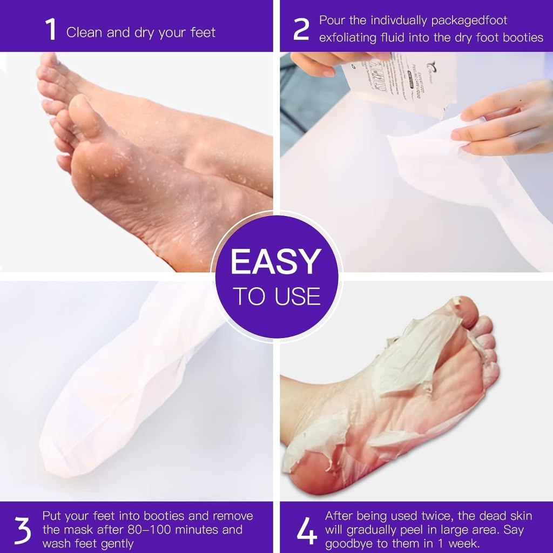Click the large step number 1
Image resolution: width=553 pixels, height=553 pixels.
(x=51, y=30)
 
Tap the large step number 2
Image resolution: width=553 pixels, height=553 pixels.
(x=301, y=30)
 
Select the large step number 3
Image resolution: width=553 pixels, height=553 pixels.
(x=22, y=531)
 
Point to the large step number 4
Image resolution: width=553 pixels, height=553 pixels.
(x=306, y=531)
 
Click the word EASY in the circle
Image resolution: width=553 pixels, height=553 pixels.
(x=276, y=262)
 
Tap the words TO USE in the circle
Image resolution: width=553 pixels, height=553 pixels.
(x=276, y=296)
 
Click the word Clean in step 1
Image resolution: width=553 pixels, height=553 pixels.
(x=84, y=32)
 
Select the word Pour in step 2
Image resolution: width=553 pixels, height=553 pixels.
(x=332, y=21)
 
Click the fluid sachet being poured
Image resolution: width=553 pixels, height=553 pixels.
(x=400, y=82)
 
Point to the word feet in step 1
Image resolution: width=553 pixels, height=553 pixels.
(x=203, y=32)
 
